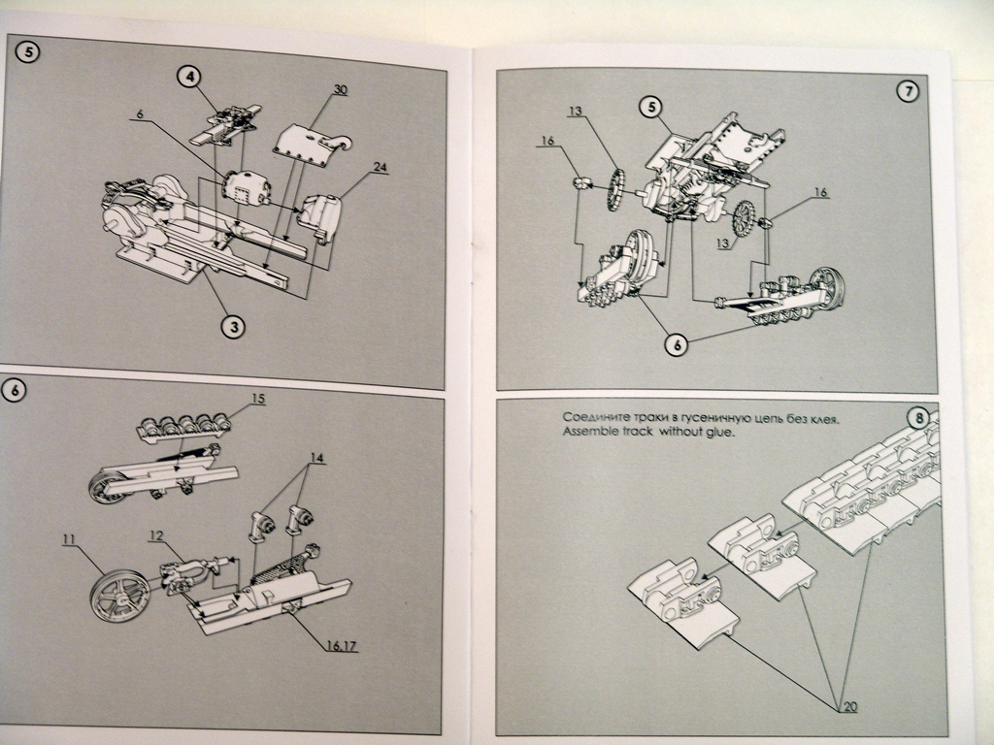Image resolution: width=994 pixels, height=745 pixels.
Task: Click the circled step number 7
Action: point(909,91)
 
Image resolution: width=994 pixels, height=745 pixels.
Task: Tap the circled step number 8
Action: point(918,418)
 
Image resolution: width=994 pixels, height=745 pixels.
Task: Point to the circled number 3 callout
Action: point(234,327)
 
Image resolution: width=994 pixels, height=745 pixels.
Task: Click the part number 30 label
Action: point(341,90)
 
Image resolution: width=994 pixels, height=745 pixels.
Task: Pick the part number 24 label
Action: point(381,167)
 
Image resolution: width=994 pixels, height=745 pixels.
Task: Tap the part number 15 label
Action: point(257,399)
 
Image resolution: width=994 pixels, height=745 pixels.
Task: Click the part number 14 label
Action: point(317,458)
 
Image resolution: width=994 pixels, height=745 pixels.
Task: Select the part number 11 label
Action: point(69,539)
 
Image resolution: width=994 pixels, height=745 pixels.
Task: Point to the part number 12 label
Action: point(156,535)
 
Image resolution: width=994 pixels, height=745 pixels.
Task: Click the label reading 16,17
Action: point(342,645)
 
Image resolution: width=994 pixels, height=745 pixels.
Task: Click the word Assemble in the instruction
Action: point(587,432)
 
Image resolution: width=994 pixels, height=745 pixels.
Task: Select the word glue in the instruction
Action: point(721,433)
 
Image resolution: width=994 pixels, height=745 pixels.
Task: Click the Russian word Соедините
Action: point(593,417)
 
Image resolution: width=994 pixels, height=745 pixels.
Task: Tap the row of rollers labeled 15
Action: point(183,427)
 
